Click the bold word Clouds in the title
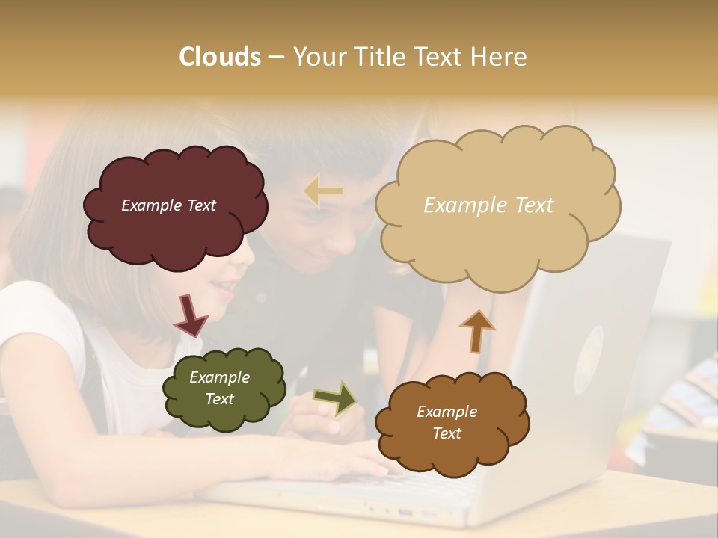coord(219,57)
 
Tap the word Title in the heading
coord(377,57)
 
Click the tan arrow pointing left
coord(323,191)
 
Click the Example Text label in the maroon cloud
coord(168,205)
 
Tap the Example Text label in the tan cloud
coord(488,205)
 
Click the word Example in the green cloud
coord(219,377)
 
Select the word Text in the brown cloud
coord(447,433)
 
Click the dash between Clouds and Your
coord(276,58)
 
